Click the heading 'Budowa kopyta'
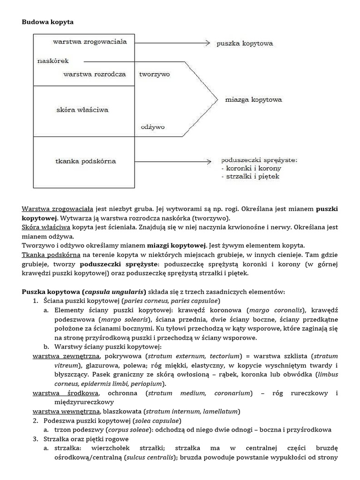pyautogui.click(x=47, y=22)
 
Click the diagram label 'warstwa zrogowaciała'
pyautogui.click(x=90, y=42)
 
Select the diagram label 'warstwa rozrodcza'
pyautogui.click(x=94, y=74)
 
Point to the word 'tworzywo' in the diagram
pyautogui.click(x=154, y=74)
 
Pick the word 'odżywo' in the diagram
pyautogui.click(x=151, y=127)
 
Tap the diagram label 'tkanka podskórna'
pyautogui.click(x=85, y=161)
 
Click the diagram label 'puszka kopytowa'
pyautogui.click(x=244, y=44)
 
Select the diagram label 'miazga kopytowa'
pyautogui.click(x=254, y=100)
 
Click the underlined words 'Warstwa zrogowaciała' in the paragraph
pyautogui.click(x=57, y=209)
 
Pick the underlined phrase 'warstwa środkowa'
pyautogui.click(x=65, y=393)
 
